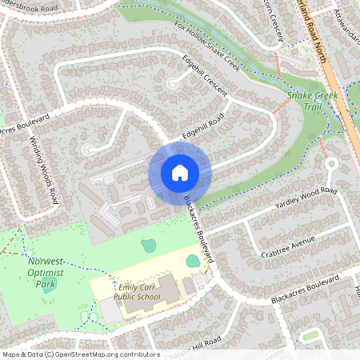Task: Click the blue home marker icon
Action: (180, 172)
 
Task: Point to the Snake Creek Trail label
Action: (313, 101)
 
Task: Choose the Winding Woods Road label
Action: (45, 169)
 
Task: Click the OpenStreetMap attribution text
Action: (80, 354)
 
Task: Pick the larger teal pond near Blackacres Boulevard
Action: (194, 260)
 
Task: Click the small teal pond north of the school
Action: (148, 246)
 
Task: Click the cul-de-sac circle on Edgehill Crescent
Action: (170, 82)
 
